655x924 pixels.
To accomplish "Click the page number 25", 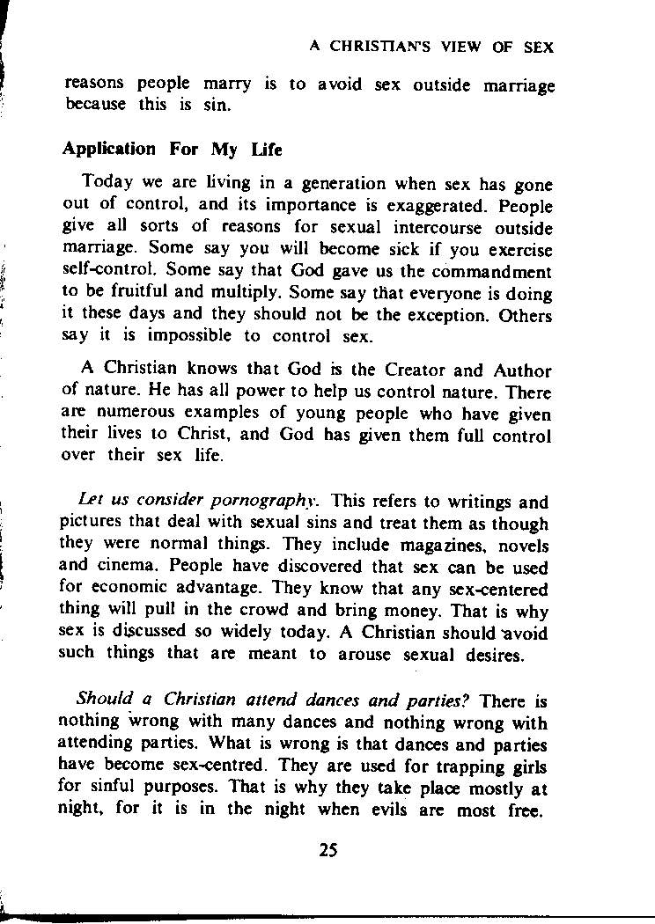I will pos(328,850).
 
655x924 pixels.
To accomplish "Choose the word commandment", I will pos(497,272).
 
